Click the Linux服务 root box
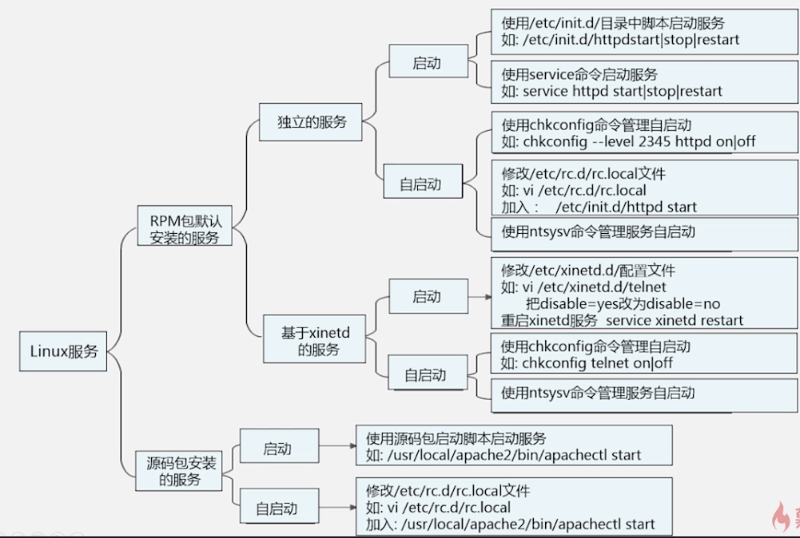pyautogui.click(x=63, y=350)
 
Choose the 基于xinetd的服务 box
pyautogui.click(x=315, y=339)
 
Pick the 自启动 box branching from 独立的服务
pyautogui.click(x=420, y=184)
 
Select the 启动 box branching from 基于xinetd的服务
pyautogui.click(x=427, y=297)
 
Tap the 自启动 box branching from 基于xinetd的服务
pyautogui.click(x=425, y=374)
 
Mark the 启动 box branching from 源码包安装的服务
pyautogui.click(x=278, y=449)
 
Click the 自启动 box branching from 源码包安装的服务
pyautogui.click(x=277, y=508)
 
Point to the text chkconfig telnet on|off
pyautogui.click(x=598, y=363)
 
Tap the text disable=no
pyautogui.click(x=683, y=303)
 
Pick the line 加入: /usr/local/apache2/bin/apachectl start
pyautogui.click(x=511, y=524)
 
